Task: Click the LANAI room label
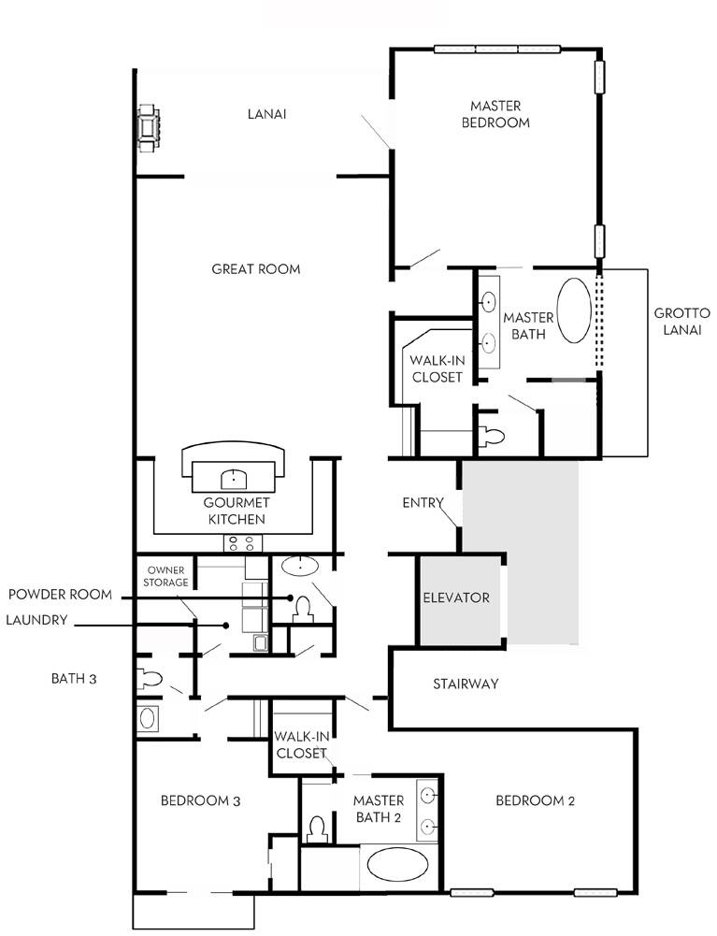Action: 266,115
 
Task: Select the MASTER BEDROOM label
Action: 495,114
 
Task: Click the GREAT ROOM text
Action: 255,269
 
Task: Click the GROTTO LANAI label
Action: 681,322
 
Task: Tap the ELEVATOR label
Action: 457,598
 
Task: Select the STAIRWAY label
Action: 466,684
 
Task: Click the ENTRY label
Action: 422,503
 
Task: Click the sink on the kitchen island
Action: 234,480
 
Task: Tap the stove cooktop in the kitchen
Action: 243,543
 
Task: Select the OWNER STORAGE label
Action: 166,575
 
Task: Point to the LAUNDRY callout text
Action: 36,619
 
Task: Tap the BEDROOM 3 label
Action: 201,800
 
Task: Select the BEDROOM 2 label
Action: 535,800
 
